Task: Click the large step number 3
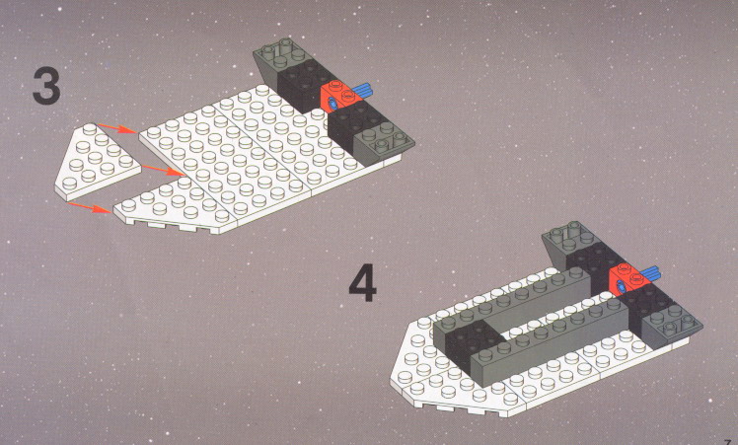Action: tap(46, 85)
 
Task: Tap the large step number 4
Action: tap(362, 282)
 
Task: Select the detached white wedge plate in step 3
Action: tap(98, 162)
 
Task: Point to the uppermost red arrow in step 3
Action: tap(117, 128)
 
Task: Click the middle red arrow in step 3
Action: tap(163, 171)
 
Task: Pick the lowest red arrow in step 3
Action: tap(90, 207)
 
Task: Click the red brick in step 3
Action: tap(339, 97)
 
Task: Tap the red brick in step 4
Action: tap(628, 280)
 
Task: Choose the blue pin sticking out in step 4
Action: tap(650, 274)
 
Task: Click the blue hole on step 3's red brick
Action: tap(332, 104)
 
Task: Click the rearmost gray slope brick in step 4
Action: tap(567, 241)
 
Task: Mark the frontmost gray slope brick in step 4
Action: tap(672, 326)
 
